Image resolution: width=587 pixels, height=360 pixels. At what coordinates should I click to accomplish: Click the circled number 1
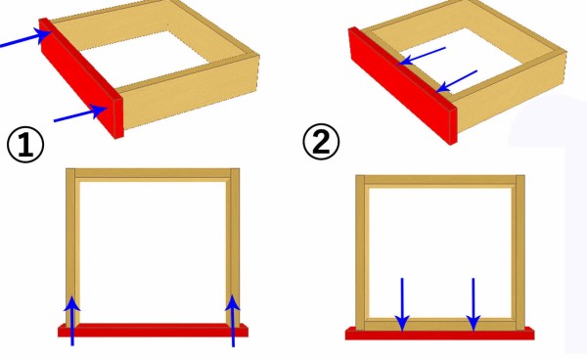[x=25, y=145]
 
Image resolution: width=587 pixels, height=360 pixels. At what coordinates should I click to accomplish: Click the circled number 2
[x=321, y=142]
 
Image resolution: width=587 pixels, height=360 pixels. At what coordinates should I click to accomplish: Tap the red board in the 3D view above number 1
[x=81, y=78]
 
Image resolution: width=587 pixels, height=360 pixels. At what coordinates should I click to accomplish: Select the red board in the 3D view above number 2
[x=403, y=85]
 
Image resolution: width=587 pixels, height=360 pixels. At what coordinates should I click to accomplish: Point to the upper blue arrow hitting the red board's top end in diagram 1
[x=26, y=38]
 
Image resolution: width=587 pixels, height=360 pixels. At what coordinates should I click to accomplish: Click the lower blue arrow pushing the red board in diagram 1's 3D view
[x=81, y=113]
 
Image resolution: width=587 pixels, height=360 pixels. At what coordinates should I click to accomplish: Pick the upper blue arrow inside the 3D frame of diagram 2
[x=422, y=56]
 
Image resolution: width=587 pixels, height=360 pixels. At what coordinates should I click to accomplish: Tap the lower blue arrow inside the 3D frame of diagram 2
[x=457, y=81]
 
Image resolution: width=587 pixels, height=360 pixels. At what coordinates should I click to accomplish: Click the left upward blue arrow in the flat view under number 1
[x=71, y=320]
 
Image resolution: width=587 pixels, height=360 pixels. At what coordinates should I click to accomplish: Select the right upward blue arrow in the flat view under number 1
[x=233, y=321]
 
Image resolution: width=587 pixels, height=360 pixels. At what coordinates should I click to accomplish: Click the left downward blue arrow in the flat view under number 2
[x=402, y=304]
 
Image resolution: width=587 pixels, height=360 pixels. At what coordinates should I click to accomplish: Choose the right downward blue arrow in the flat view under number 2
[x=474, y=304]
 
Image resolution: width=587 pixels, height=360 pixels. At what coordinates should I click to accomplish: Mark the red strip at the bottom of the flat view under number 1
[x=153, y=330]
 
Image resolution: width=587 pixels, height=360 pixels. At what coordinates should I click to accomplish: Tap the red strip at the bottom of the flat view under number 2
[x=440, y=333]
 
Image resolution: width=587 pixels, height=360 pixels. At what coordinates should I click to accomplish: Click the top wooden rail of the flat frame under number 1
[x=153, y=173]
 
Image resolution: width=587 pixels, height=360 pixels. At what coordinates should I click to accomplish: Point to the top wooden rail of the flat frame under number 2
[x=440, y=180]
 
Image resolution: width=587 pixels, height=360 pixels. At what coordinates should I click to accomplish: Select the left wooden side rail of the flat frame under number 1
[x=70, y=247]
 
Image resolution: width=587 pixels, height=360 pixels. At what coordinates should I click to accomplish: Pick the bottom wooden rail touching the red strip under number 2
[x=440, y=325]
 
